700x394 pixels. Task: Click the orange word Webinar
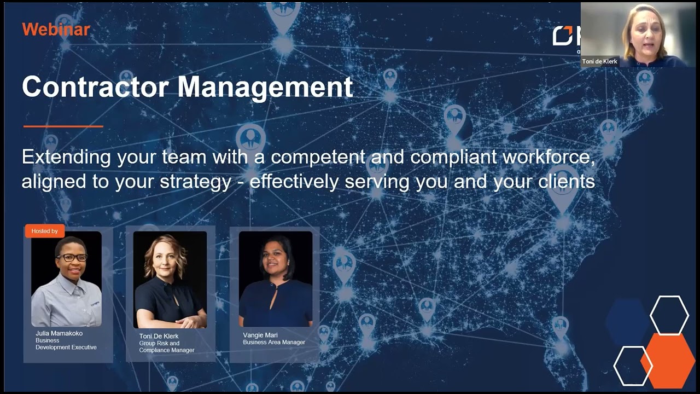(x=56, y=30)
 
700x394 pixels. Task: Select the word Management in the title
(x=265, y=87)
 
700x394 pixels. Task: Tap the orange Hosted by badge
(x=44, y=231)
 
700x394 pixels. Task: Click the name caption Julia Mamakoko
(x=59, y=333)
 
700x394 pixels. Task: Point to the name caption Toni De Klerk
(x=159, y=336)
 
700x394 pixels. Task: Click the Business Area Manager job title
(x=274, y=343)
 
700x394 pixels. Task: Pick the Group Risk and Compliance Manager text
(x=166, y=347)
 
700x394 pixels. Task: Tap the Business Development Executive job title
(x=66, y=344)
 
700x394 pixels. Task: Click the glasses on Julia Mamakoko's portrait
(x=72, y=257)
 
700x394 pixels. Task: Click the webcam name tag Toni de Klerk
(x=599, y=61)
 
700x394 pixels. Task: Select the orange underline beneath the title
(x=63, y=126)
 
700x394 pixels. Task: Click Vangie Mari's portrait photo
(x=276, y=279)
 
